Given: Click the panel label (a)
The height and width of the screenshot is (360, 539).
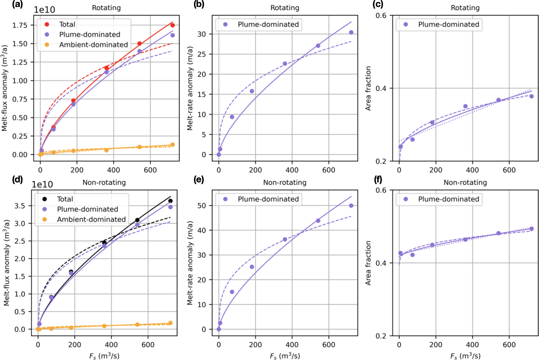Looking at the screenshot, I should tap(8, 5).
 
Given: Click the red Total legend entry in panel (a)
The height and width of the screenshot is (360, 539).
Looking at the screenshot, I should tap(67, 24).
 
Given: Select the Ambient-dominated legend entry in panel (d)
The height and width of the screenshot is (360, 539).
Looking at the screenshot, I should tap(91, 219).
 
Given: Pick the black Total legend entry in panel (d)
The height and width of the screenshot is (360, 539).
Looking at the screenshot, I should tap(65, 199).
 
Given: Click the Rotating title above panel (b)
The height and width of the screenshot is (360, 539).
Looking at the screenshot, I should tap(284, 8).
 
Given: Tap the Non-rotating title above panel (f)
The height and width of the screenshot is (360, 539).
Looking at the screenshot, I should tap(465, 182).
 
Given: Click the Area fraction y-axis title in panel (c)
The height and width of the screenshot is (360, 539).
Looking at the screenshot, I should tap(368, 88).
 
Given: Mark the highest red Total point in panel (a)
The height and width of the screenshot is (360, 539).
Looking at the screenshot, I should tap(172, 25).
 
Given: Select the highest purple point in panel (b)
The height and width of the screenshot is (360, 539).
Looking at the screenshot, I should tap(351, 33).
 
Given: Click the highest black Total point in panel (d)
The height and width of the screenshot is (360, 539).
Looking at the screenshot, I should tap(170, 201).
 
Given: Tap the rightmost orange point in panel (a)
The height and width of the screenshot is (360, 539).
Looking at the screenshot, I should tap(172, 145).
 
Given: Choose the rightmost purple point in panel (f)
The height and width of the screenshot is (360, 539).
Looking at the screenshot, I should tap(531, 229).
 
